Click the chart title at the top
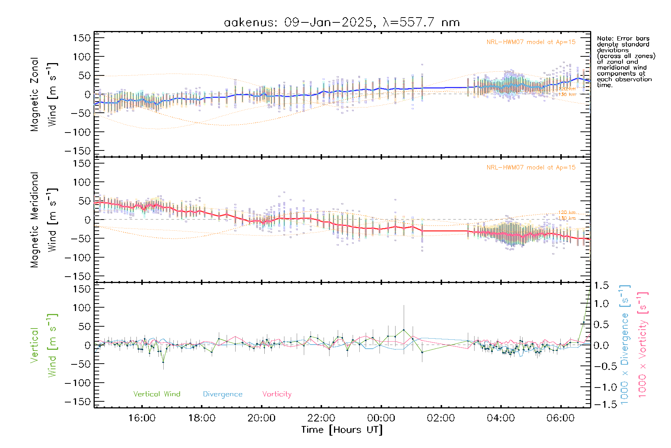(x=341, y=22)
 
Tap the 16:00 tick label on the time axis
(x=142, y=418)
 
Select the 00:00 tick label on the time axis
(x=381, y=418)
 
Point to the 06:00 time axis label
(x=560, y=418)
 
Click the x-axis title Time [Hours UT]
(x=342, y=430)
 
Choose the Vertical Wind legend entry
(x=157, y=394)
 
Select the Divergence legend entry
(x=223, y=394)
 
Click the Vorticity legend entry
(x=277, y=394)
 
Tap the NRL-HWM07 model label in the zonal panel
(x=531, y=42)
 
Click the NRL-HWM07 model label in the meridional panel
(x=531, y=167)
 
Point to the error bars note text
(x=626, y=62)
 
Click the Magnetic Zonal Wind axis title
(x=44, y=94)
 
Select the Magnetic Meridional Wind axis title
(x=44, y=220)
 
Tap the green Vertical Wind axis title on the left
(x=44, y=345)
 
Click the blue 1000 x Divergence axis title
(x=624, y=345)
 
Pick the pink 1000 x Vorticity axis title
(x=642, y=345)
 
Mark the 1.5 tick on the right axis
(x=601, y=286)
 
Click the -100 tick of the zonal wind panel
(x=78, y=132)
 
